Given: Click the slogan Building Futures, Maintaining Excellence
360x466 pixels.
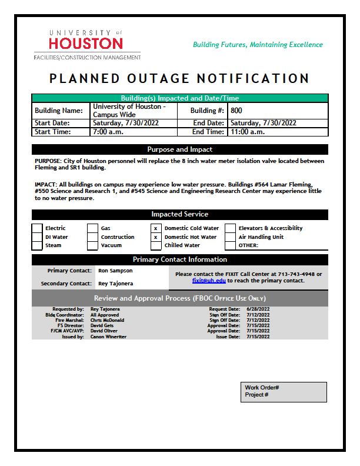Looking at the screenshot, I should point(258,45).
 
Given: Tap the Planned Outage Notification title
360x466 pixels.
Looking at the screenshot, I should point(179,78).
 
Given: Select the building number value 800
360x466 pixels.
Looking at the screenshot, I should point(236,111).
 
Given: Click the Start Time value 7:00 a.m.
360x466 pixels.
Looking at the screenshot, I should point(106,132).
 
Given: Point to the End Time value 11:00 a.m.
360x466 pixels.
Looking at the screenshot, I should point(248,132).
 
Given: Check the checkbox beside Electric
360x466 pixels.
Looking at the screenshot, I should point(37,228).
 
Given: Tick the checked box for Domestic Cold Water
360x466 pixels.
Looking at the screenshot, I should point(156,228).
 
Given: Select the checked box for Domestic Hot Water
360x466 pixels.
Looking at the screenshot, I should point(156,237).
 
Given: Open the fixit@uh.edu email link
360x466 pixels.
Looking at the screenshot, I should point(205,281).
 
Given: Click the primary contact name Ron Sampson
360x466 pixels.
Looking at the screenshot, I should point(115,271).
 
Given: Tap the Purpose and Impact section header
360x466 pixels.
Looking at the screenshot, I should point(179,149).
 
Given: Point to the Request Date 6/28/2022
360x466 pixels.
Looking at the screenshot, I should point(258,309).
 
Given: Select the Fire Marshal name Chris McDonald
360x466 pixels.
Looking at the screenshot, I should point(107,320).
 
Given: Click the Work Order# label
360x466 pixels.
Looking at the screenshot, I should point(262,388).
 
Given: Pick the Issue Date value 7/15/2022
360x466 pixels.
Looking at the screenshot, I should point(258,337).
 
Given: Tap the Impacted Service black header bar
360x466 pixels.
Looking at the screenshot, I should point(179,214).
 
